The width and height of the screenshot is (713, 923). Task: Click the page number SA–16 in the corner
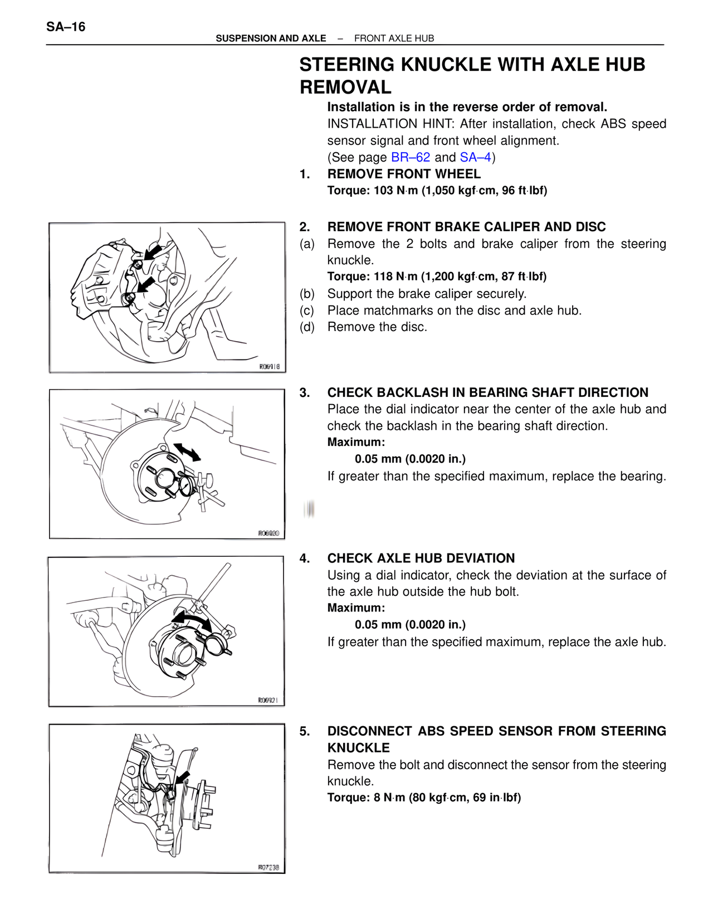[x=66, y=27]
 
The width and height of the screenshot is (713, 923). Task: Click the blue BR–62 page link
[x=411, y=157]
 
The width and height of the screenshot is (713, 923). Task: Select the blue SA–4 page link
[x=475, y=157]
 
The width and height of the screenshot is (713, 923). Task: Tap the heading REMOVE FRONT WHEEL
[x=404, y=174]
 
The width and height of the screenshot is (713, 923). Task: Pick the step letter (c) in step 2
[x=307, y=310]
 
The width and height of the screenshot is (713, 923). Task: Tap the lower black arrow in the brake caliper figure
[x=146, y=285]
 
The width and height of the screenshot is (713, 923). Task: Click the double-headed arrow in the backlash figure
[x=187, y=452]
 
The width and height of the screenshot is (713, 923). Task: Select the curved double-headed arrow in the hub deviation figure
[x=192, y=620]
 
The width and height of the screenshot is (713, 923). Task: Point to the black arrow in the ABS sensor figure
[x=182, y=778]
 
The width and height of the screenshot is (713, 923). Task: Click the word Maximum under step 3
[x=356, y=443]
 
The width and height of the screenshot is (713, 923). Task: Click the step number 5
[x=304, y=731]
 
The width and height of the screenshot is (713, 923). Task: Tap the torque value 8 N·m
[x=389, y=798]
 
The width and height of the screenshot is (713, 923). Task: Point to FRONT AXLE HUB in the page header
[x=394, y=38]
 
